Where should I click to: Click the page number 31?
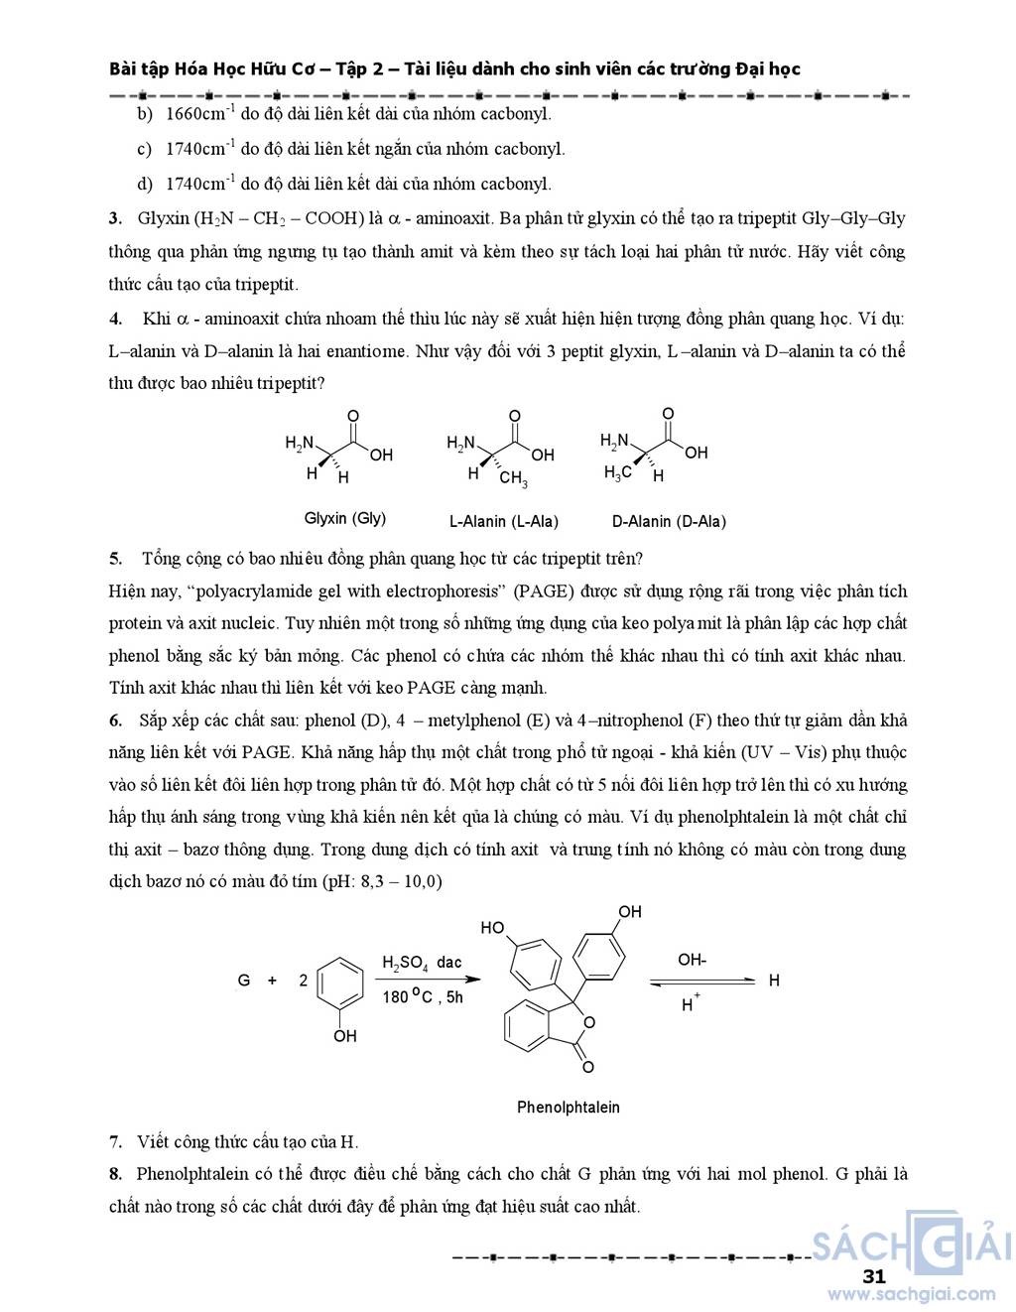pos(874,1276)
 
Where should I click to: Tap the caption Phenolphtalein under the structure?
pos(569,1108)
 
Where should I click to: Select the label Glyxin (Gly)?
pos(344,518)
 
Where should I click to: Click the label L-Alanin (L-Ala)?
pos(504,521)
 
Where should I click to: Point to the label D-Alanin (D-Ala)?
pos(669,521)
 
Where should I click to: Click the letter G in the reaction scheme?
pos(244,981)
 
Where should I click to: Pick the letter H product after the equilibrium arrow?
pos(774,981)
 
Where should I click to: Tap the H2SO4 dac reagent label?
pos(422,963)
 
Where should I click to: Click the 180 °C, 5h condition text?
pos(423,997)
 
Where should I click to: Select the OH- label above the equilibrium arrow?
pos(693,960)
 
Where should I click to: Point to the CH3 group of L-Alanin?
pos(513,479)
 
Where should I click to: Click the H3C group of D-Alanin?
pos(617,473)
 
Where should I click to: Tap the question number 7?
pos(115,1142)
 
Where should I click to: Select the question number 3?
pos(115,218)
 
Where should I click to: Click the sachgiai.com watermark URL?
pos(912,1294)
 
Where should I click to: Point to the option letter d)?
pos(145,184)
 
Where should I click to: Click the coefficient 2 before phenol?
pos(304,981)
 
